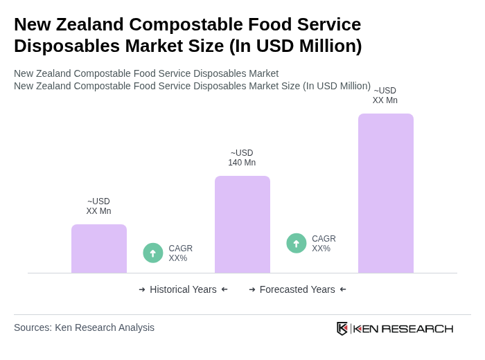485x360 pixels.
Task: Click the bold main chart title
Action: click(x=188, y=35)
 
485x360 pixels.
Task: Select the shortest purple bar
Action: click(x=99, y=249)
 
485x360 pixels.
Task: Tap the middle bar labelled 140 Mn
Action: click(x=242, y=224)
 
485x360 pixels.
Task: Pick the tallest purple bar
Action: click(x=386, y=193)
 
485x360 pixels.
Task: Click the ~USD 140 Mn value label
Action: click(x=242, y=158)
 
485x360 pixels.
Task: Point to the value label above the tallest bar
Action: click(x=385, y=96)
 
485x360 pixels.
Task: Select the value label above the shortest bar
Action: click(x=98, y=206)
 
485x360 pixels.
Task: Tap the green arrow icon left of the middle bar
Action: click(x=153, y=253)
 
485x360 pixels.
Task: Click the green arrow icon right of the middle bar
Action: click(x=297, y=243)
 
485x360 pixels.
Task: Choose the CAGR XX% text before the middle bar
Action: click(x=180, y=253)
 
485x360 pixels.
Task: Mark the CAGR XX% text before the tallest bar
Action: click(x=324, y=244)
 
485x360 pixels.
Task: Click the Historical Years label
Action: click(x=183, y=289)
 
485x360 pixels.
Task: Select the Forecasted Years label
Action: click(x=297, y=289)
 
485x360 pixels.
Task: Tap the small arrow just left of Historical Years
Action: click(x=142, y=289)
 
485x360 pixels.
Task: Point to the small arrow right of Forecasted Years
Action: click(x=343, y=289)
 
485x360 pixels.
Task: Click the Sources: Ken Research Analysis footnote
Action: click(x=84, y=327)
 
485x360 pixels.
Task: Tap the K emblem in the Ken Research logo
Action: click(x=342, y=328)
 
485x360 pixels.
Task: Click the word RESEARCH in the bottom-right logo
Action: click(x=417, y=328)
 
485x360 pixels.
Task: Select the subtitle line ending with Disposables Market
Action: click(x=146, y=73)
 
